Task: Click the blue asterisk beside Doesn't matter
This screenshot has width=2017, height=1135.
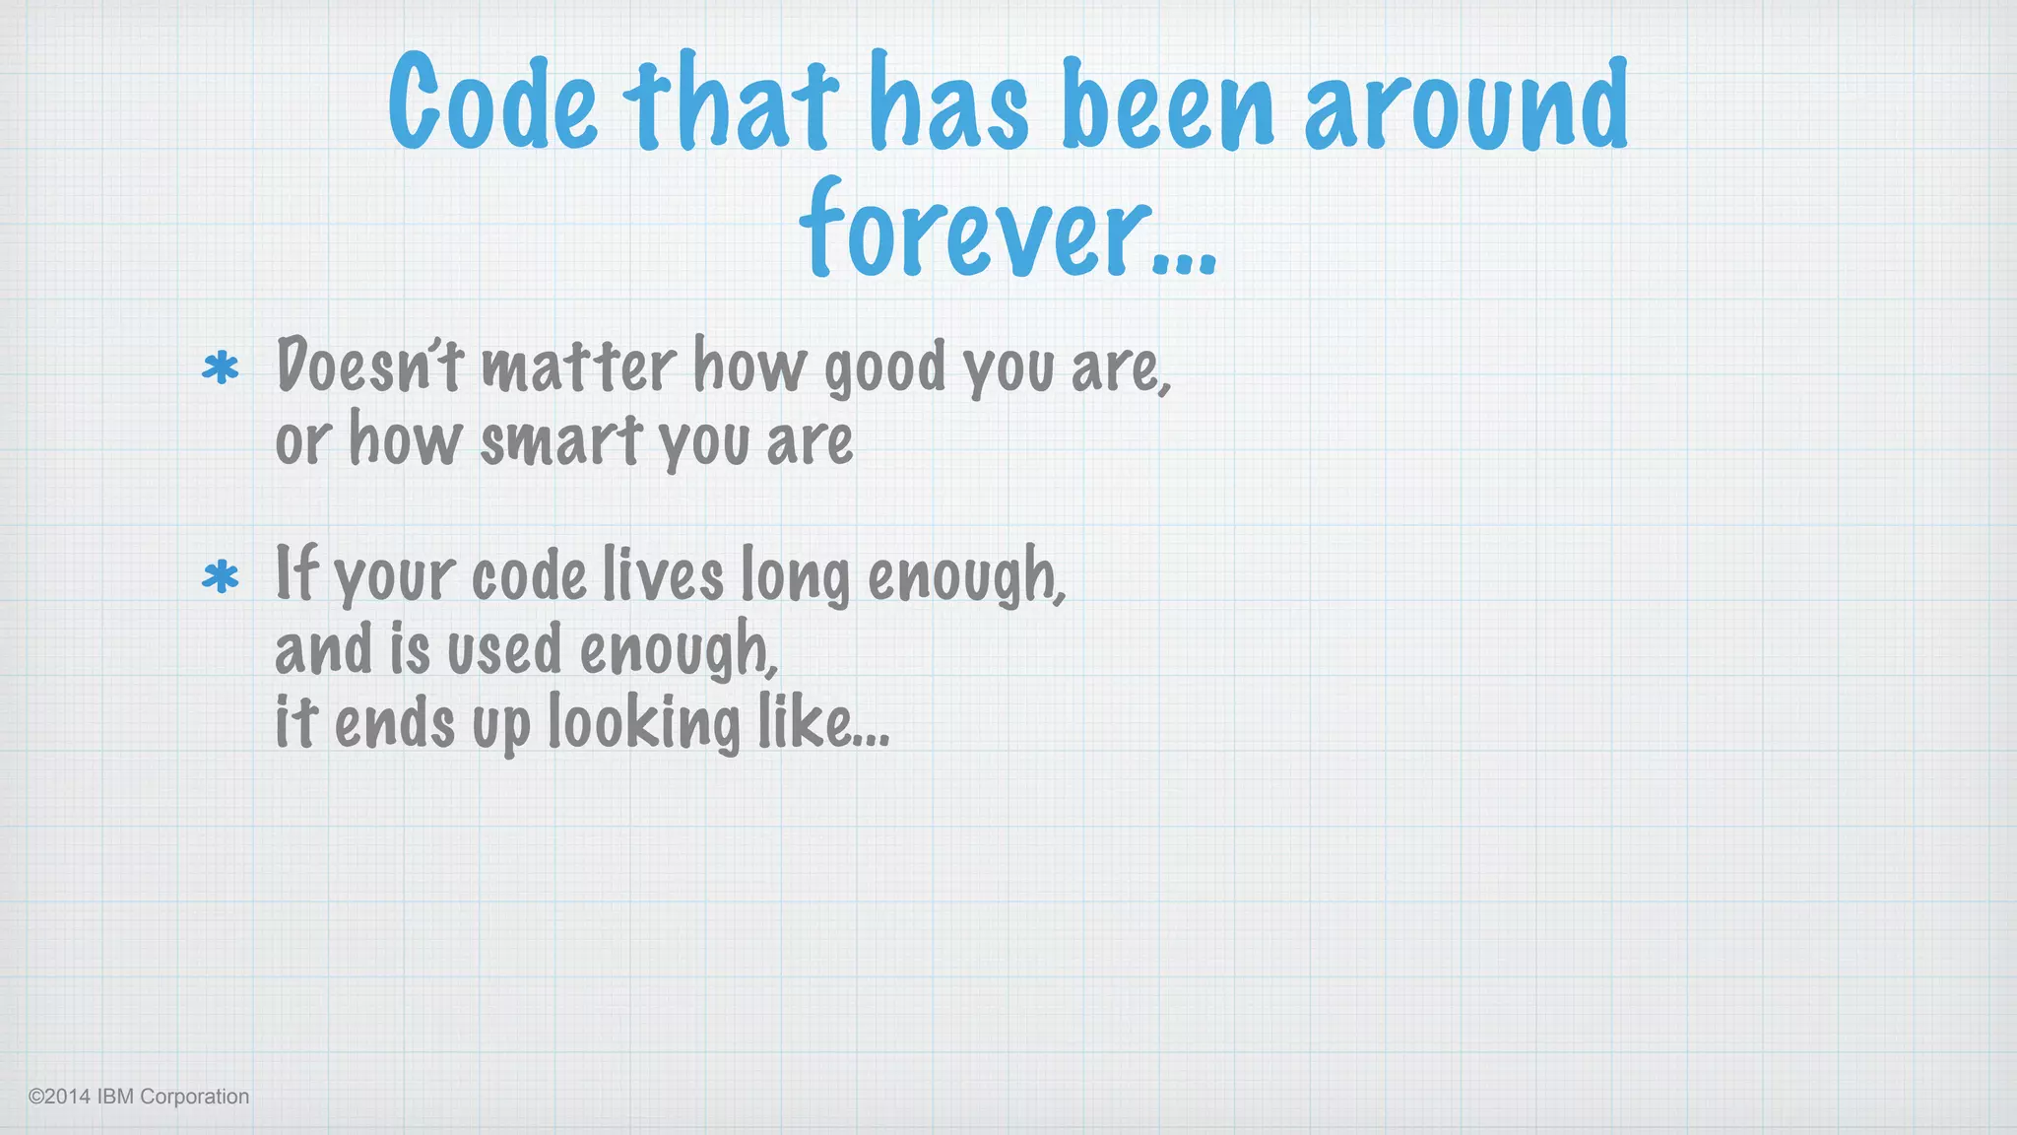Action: click(x=221, y=368)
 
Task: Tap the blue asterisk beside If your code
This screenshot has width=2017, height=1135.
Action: click(x=221, y=576)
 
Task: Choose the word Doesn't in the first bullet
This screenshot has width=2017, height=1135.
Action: click(x=369, y=366)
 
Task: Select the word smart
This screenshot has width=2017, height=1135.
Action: click(x=561, y=440)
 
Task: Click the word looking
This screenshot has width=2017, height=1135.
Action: click(x=643, y=723)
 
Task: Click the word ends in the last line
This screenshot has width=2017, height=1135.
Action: click(x=395, y=723)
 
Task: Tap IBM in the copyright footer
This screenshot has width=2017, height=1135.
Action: click(x=115, y=1097)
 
